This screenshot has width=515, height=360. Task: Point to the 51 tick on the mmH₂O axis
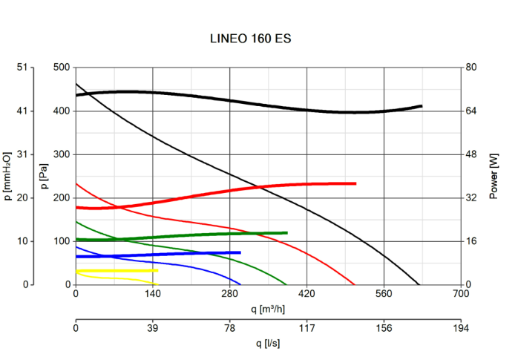22,68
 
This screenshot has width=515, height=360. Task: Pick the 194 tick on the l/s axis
461,327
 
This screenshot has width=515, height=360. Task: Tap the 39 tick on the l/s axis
153,327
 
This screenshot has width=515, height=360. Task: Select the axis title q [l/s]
268,344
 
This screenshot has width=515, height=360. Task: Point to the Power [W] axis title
494,176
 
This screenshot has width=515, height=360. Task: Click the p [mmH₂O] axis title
8,176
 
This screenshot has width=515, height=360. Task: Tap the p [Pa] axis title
45,176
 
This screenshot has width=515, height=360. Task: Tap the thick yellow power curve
119,271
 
